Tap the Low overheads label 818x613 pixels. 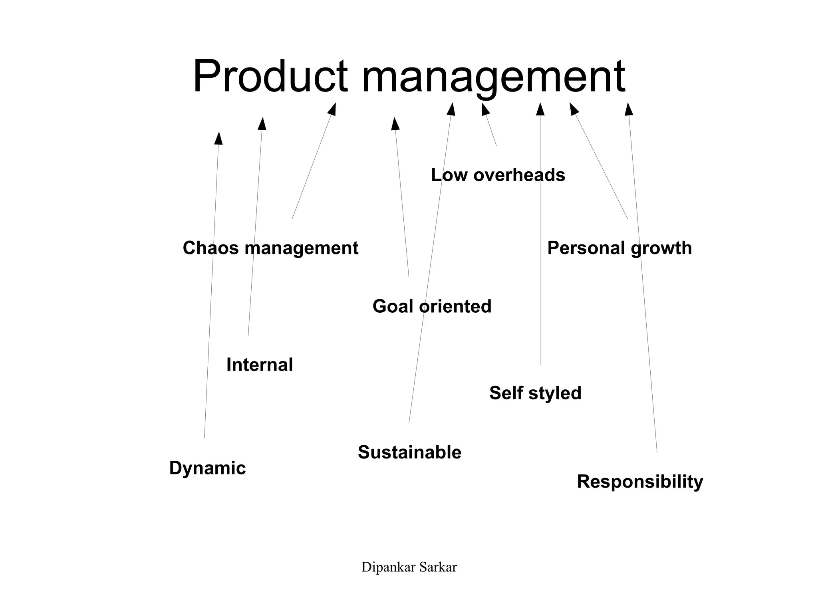coord(498,175)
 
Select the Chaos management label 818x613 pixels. coord(270,248)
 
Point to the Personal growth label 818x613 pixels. coord(619,248)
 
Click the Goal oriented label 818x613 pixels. coord(432,306)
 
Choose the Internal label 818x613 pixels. coord(260,365)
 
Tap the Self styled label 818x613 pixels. coord(535,393)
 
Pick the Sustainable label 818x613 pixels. coord(409,452)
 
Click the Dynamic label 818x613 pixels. coord(207,468)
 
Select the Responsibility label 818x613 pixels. coord(640,482)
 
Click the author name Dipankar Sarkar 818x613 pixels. coord(409,567)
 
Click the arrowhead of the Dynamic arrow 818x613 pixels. coord(218,138)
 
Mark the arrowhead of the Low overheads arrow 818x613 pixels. coord(485,109)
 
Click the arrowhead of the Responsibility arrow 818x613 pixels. coord(629,109)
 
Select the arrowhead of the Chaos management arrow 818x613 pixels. coord(332,109)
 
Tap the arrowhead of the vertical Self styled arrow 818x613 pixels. coord(540,109)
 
